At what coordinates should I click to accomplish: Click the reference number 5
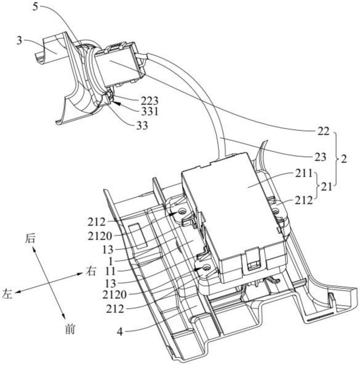35,7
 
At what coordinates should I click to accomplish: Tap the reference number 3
19,41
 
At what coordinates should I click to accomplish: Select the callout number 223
149,101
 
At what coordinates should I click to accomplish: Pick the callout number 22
324,132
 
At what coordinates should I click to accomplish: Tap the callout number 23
321,157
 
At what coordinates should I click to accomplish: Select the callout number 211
304,173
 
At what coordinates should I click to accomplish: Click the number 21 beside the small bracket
326,187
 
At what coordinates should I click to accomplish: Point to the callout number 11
110,272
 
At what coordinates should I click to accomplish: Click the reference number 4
120,332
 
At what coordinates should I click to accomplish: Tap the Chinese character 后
30,239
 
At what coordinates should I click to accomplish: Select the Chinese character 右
91,271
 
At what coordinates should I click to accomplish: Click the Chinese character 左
7,294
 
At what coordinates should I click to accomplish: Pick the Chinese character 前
70,330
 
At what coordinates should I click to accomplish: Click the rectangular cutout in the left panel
139,235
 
